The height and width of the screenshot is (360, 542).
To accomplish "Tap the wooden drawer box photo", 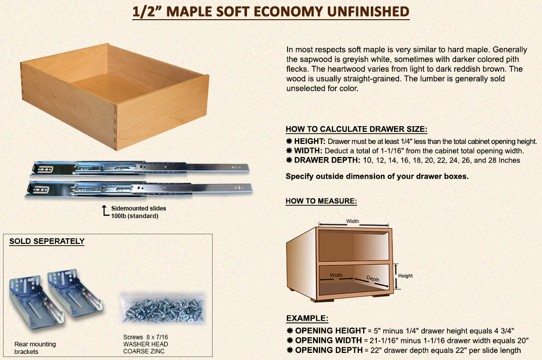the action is coord(115,97).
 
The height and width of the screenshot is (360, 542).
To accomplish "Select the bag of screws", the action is coord(163,309).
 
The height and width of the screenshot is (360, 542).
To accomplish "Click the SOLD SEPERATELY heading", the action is coord(46,241).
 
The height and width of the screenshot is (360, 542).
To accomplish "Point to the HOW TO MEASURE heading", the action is coord(321,201).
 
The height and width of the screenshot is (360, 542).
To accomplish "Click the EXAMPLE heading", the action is coord(307,318).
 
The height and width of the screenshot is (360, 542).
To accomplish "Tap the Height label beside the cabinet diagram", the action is coord(405,276).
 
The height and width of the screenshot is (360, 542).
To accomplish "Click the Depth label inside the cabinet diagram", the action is coord(373,279).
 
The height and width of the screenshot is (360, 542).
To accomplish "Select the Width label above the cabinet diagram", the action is coord(353,221).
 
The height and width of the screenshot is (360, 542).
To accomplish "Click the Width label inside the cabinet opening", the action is coord(336,275).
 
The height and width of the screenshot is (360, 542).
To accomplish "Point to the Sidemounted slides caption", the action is coord(138,209).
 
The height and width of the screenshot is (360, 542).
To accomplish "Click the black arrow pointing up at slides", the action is coord(105,211).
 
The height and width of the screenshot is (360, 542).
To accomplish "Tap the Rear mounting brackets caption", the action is coord(35,348).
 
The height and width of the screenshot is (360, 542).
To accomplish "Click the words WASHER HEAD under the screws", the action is coord(145,344).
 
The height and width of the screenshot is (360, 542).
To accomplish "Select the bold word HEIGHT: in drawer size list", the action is coord(310,141).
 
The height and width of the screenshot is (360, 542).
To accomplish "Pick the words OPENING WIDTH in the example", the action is coord(328,340).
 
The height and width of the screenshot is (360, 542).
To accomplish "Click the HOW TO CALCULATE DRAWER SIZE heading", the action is coord(357,129).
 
